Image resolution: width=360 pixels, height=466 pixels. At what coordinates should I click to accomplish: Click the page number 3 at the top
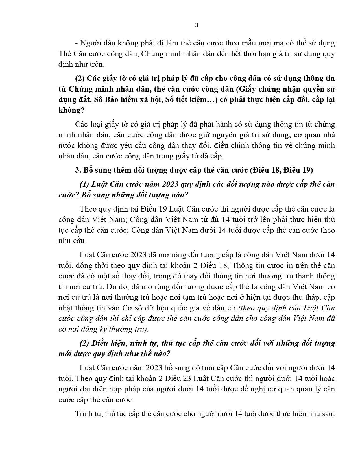click(197, 25)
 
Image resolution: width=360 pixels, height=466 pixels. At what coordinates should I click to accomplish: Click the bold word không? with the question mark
click(71, 110)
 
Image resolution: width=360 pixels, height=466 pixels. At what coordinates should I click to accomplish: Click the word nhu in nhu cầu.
click(65, 241)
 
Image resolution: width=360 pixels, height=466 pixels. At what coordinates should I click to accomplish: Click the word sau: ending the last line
click(326, 414)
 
